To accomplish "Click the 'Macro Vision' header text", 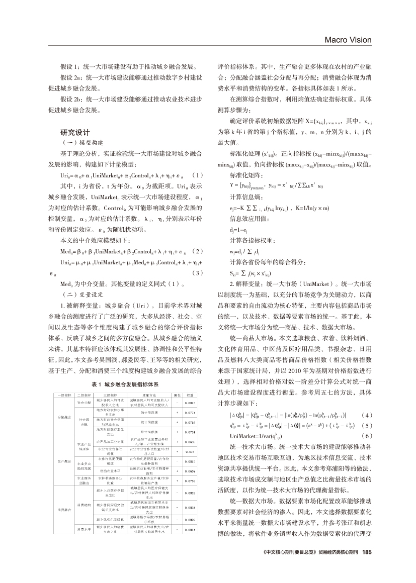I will pos(348,40).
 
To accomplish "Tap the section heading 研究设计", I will pos(75,133).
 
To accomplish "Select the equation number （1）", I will pos(198,175).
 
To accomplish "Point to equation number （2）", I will pos(198,251).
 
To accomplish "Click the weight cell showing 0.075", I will pos(190,452).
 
